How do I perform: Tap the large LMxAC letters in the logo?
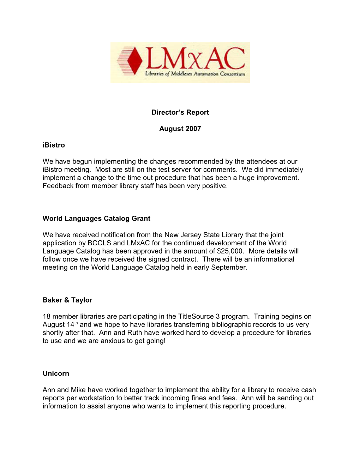point(195,59)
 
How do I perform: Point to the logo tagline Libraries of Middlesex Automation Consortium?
point(195,74)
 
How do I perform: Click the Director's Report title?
point(180,112)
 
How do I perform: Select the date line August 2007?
point(180,129)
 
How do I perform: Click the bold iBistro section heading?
point(54,145)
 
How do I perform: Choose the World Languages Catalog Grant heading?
point(96,219)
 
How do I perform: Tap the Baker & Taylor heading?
point(67,300)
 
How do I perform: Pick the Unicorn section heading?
point(56,374)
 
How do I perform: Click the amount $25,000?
point(230,251)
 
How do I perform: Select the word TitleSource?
point(196,316)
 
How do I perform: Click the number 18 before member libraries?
point(47,316)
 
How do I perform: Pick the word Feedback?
point(58,186)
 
